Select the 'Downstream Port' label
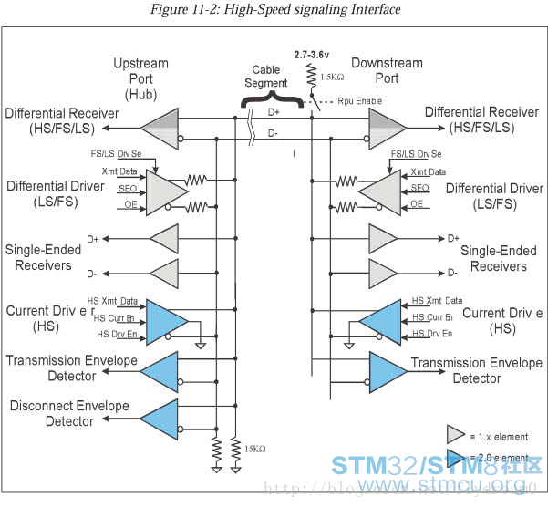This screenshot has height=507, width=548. [x=386, y=70]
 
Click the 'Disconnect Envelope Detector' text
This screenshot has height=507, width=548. [x=51, y=413]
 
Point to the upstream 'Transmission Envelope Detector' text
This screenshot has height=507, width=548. [x=72, y=367]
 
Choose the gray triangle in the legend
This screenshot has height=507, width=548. [x=456, y=435]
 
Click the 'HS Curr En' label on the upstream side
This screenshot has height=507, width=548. [x=119, y=318]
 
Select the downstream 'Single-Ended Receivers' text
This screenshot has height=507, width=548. [x=493, y=258]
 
